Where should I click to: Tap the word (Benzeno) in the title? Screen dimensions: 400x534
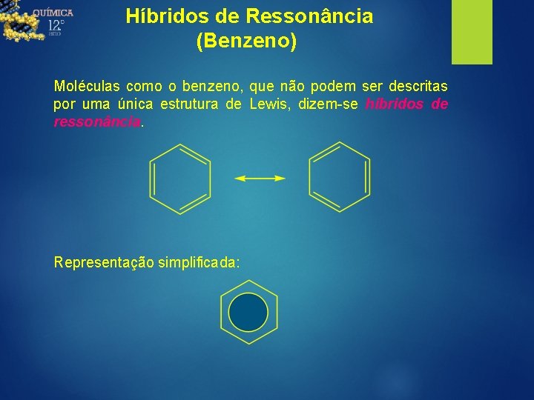246,41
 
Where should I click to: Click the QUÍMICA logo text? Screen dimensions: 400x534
53,13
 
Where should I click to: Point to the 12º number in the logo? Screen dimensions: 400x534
56,27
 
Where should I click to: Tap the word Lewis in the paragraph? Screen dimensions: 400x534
271,104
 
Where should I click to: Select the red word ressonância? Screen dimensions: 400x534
96,122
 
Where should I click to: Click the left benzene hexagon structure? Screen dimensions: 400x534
180,178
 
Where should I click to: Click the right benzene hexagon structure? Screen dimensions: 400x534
339,178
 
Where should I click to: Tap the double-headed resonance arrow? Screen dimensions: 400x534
260,179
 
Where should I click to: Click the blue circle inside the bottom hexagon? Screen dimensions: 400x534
248,313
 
